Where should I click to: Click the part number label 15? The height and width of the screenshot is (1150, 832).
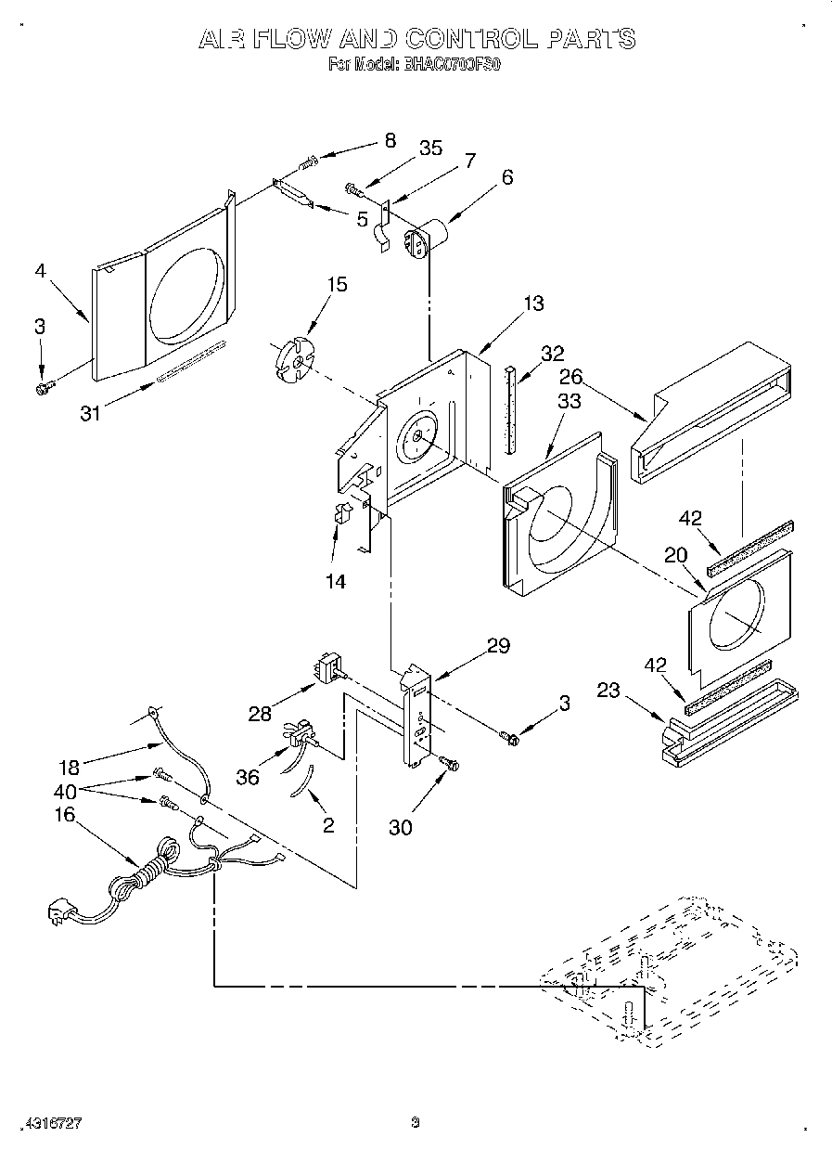[338, 284]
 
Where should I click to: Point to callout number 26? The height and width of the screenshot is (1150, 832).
[570, 377]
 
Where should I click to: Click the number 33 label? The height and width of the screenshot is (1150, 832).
[569, 401]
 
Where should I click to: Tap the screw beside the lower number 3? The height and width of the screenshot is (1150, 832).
[510, 738]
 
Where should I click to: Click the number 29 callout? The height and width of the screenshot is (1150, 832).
[499, 646]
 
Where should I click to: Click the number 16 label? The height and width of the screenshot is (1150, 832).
[65, 815]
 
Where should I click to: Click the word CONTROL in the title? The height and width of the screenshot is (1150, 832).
[468, 38]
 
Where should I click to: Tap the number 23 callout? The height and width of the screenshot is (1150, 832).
[608, 690]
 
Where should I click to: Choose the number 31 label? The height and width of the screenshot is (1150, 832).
[90, 414]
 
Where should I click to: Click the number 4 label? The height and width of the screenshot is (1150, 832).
[40, 272]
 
